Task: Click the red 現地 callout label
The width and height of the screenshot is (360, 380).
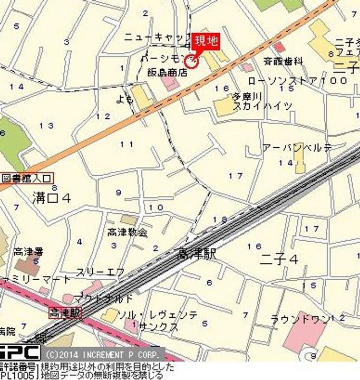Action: [x=206, y=41]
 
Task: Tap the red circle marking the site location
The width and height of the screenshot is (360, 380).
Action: [x=192, y=62]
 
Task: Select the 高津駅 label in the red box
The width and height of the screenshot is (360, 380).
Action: [x=65, y=312]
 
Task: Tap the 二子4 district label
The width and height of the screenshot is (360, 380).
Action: [x=279, y=259]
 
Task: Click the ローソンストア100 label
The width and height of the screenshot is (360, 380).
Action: [x=297, y=81]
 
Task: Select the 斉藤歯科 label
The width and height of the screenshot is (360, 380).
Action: [x=283, y=61]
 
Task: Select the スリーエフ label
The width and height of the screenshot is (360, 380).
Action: [x=100, y=272]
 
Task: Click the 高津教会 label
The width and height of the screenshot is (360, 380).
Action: [x=127, y=232]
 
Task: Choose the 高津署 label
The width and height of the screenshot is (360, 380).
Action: [x=28, y=252]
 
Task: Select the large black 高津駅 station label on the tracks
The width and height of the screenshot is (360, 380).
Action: [x=197, y=254]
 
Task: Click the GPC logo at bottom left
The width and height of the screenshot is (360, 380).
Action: [x=20, y=353]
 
